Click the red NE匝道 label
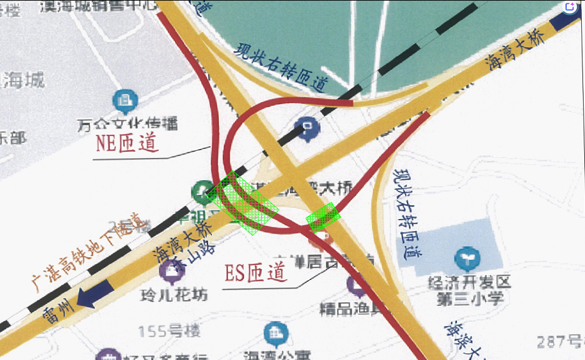coord(126,144)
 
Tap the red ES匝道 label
coord(256,273)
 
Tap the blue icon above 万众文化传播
coord(124,99)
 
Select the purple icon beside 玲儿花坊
coord(169,271)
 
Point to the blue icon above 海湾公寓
coord(273,332)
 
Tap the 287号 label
coord(559,342)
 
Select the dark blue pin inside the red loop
coord(308,127)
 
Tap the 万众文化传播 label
coord(128,123)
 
